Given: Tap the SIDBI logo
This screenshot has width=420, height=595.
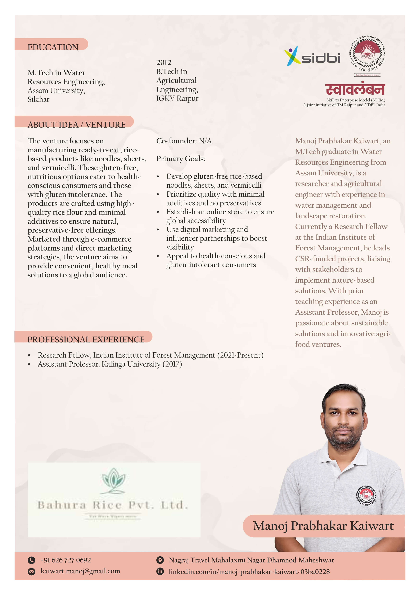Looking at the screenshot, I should (x=312, y=56).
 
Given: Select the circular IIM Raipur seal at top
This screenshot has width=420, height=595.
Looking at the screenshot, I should (x=367, y=55).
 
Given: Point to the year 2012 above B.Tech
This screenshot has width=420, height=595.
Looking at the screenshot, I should (x=164, y=62).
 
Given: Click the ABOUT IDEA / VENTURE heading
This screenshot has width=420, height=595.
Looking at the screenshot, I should (x=76, y=125).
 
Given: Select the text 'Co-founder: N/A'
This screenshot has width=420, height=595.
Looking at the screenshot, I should (x=184, y=141).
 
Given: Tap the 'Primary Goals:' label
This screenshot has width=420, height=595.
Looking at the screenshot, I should (x=181, y=159).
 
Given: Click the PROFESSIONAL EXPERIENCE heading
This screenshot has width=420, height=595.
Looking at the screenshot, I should (x=86, y=340).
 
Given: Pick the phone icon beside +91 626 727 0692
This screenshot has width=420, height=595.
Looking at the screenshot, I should (x=31, y=560).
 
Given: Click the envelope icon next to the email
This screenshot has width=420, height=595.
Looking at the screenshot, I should (x=31, y=571).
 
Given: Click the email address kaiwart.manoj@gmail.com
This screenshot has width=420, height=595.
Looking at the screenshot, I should (x=80, y=571).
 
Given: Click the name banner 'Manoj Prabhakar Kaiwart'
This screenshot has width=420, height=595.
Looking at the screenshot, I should (x=323, y=526).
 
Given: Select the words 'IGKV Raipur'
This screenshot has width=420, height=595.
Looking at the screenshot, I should (x=177, y=99).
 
